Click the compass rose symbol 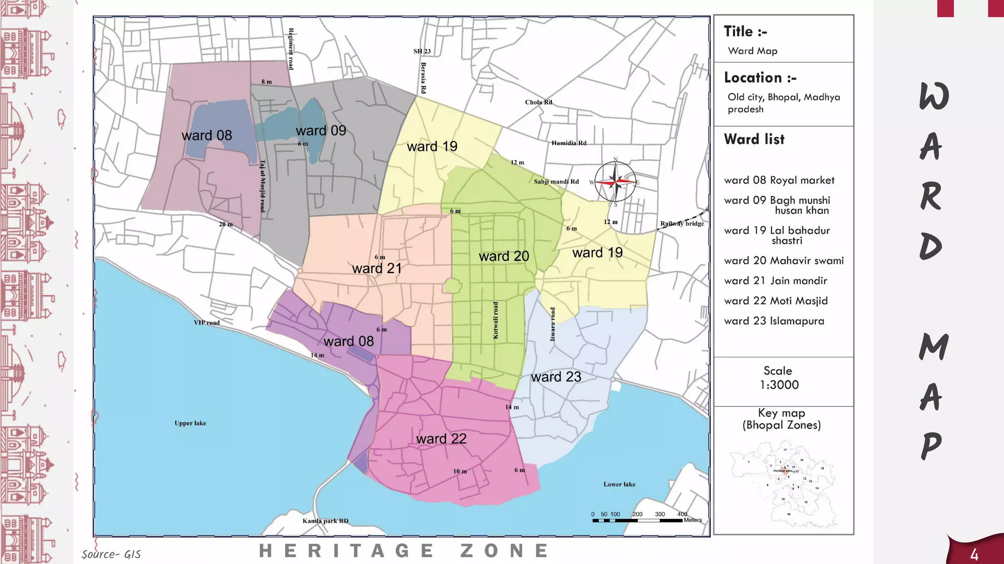pyautogui.click(x=615, y=182)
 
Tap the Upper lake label pyautogui.click(x=190, y=423)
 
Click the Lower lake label pyautogui.click(x=619, y=484)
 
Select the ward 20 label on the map pyautogui.click(x=503, y=256)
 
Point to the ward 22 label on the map pyautogui.click(x=441, y=439)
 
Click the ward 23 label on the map pyautogui.click(x=556, y=377)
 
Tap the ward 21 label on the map pyautogui.click(x=376, y=268)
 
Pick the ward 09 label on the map pyautogui.click(x=321, y=131)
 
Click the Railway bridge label pyautogui.click(x=681, y=224)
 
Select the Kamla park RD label pyautogui.click(x=325, y=521)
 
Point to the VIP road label pyautogui.click(x=206, y=323)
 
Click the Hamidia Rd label pyautogui.click(x=569, y=143)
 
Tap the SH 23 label pyautogui.click(x=422, y=51)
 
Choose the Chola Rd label pyautogui.click(x=538, y=102)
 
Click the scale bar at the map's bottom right pyautogui.click(x=637, y=520)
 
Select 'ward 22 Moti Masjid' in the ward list pyautogui.click(x=776, y=301)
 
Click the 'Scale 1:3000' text pyautogui.click(x=778, y=378)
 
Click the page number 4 pyautogui.click(x=974, y=555)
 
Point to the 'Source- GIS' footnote pyautogui.click(x=111, y=554)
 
